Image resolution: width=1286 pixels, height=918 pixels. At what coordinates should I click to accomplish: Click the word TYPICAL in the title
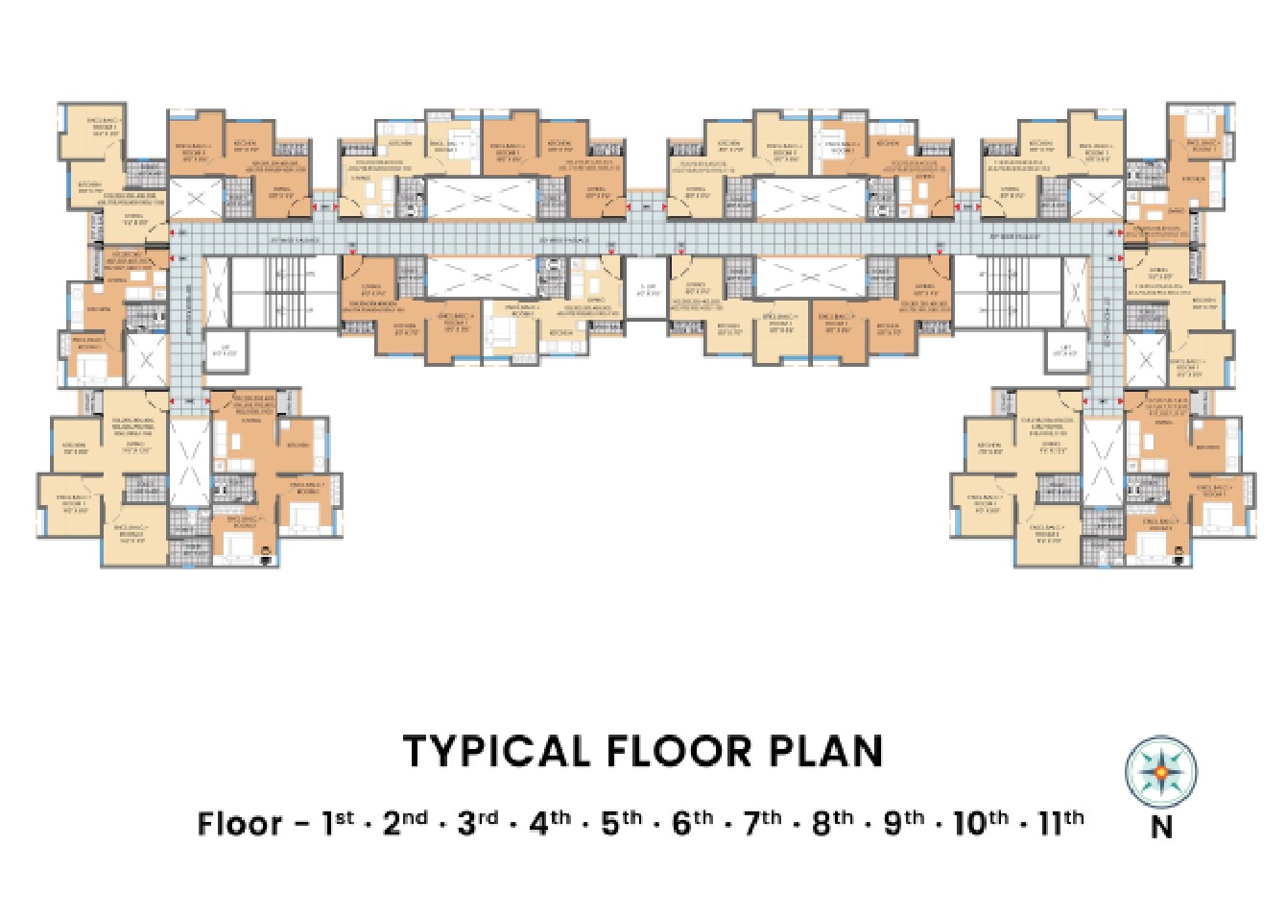(495, 752)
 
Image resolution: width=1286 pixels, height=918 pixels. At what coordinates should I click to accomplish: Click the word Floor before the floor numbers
(240, 824)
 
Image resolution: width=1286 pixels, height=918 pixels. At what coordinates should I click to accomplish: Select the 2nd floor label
(405, 823)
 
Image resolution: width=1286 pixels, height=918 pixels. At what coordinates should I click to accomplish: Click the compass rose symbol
(1161, 771)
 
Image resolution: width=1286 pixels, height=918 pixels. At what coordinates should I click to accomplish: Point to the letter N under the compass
(1161, 827)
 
